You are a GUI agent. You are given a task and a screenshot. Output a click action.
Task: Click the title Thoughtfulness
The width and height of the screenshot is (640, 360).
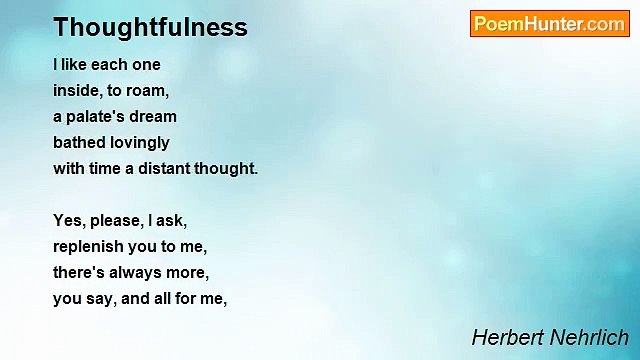[x=150, y=27]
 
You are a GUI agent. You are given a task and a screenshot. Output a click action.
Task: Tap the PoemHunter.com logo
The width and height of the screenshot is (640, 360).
[x=549, y=24]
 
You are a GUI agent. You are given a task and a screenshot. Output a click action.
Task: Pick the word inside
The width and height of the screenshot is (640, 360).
[x=77, y=90]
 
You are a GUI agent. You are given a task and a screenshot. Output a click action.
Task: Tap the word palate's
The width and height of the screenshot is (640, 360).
[x=98, y=116]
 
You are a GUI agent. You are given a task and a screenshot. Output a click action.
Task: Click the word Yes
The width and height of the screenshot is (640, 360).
[x=68, y=220]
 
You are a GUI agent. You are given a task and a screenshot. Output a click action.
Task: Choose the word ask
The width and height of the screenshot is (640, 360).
[x=170, y=220]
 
